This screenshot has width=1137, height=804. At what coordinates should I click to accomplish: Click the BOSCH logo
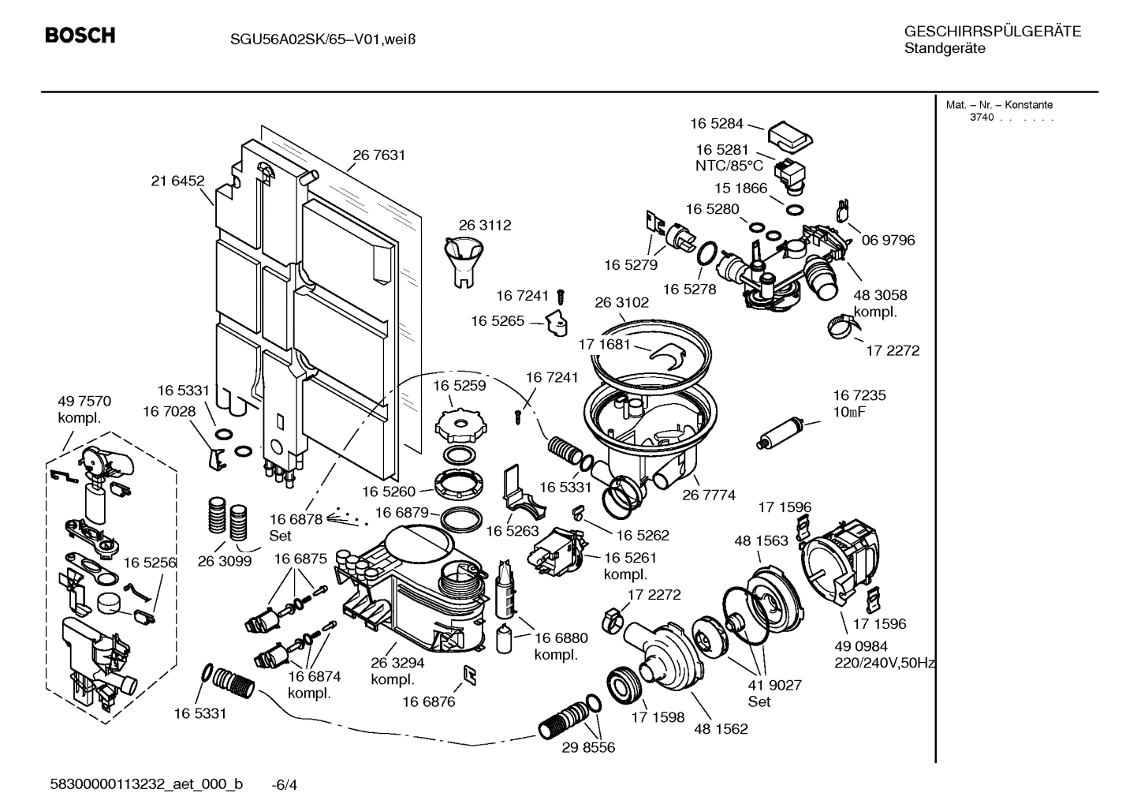click(x=80, y=36)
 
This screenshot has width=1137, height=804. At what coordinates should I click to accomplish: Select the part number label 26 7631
click(x=378, y=155)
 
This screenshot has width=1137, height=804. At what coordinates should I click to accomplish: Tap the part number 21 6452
click(x=177, y=181)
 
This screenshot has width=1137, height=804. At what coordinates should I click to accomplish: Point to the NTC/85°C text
click(x=729, y=166)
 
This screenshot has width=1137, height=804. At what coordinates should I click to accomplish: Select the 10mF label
click(x=849, y=411)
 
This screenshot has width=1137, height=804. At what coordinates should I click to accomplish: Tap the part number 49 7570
click(x=84, y=401)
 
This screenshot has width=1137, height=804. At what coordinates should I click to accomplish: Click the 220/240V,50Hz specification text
click(x=884, y=663)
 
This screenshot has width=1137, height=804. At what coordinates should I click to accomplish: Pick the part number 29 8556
click(x=588, y=746)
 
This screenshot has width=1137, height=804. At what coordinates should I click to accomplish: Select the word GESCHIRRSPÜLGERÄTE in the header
click(x=992, y=32)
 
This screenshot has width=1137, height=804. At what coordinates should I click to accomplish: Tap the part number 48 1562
click(x=721, y=728)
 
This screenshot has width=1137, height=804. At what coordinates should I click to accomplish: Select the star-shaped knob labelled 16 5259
click(x=457, y=427)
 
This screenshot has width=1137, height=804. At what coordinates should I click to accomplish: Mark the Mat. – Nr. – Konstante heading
click(x=998, y=105)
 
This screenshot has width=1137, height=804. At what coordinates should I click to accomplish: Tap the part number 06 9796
click(x=888, y=240)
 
